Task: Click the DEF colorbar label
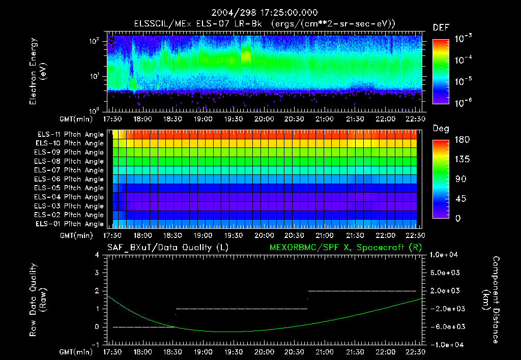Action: point(441,27)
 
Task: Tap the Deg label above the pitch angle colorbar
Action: point(441,129)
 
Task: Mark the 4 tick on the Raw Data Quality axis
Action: point(99,255)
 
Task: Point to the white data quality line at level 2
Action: point(362,291)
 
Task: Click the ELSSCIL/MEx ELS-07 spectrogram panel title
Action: point(265,23)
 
